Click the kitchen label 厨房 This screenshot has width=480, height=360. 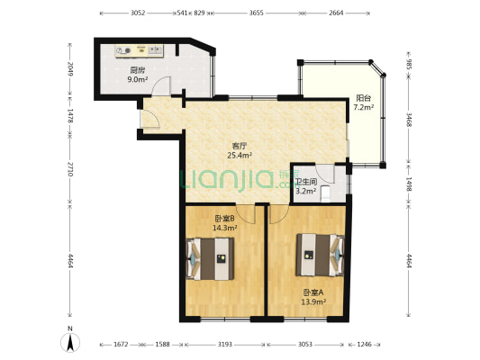138,70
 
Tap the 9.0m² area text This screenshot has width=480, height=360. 138,79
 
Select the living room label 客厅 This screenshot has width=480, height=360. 240,146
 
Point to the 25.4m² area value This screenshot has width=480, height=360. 240,156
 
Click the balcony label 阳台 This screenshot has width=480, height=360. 364,98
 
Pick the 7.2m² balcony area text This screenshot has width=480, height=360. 364,107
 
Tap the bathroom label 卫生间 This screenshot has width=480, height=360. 306,182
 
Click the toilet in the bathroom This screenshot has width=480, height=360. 325,193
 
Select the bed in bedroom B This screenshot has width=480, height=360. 211,259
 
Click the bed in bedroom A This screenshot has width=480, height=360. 320,255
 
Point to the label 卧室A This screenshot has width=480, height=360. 313,292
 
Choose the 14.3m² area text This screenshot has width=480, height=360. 225,228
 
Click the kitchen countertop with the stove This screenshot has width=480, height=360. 140,50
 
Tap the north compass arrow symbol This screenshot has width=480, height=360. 70,343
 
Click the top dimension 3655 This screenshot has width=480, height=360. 257,13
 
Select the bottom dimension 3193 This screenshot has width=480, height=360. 225,345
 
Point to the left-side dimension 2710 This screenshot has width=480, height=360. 70,169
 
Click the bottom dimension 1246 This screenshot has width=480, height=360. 365,345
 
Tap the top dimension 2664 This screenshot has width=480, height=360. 336,13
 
